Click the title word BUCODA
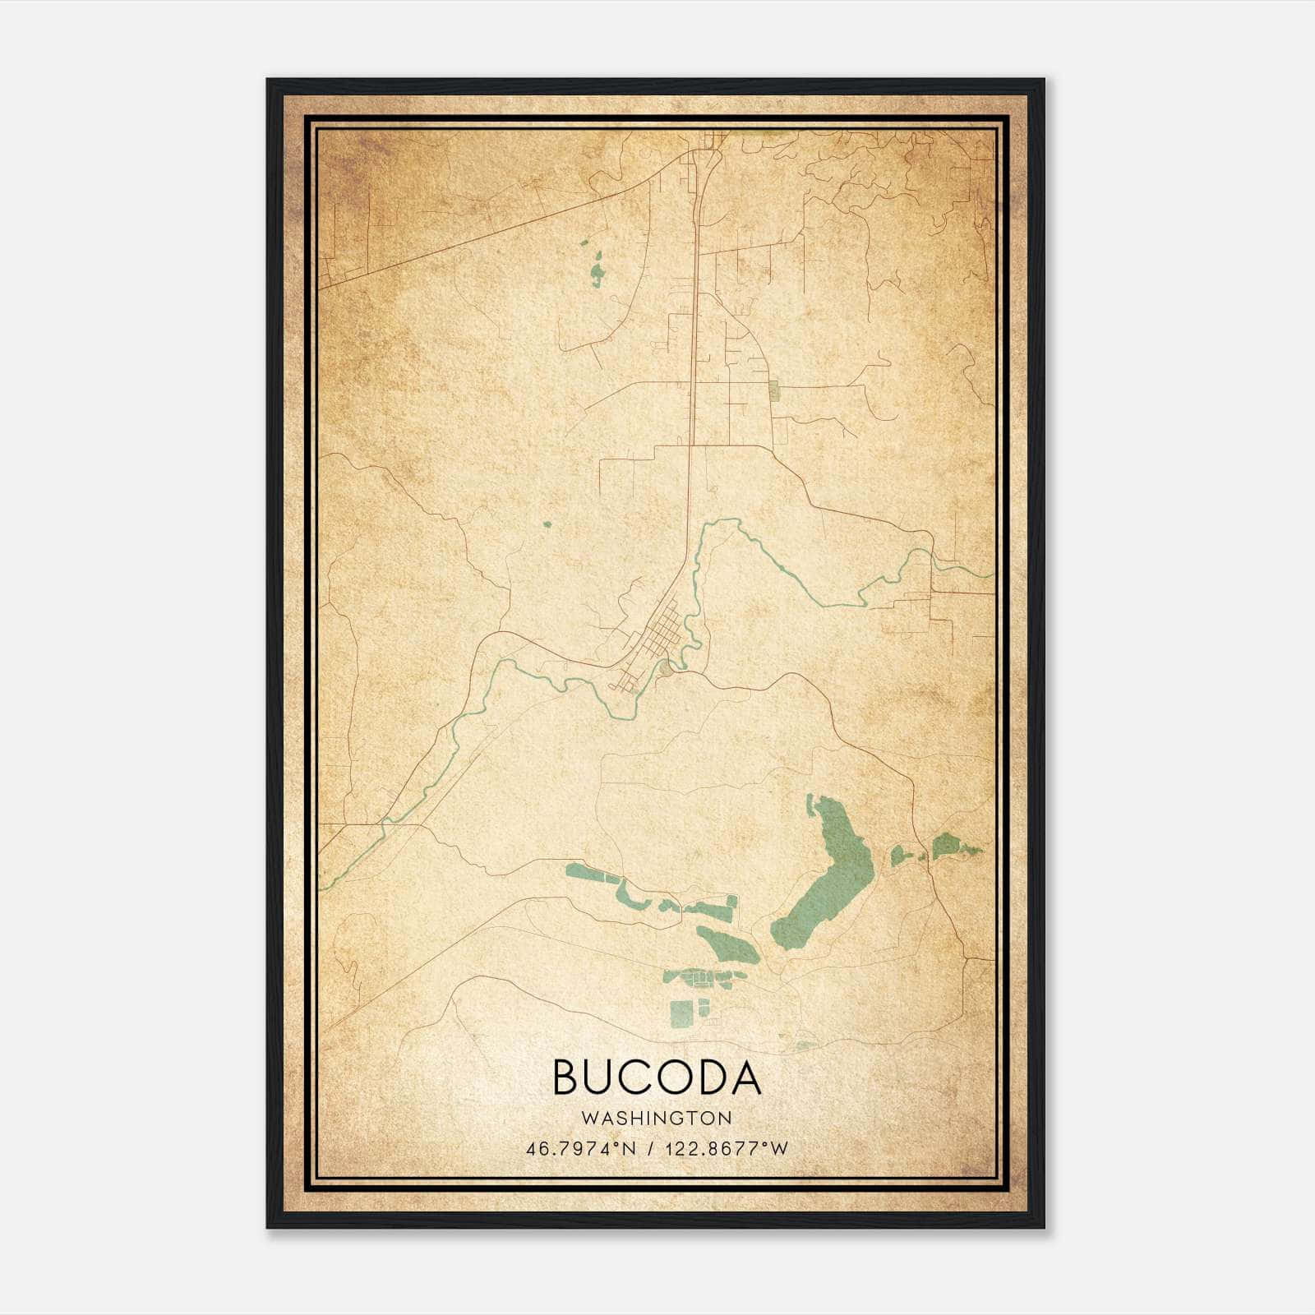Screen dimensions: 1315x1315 657,1077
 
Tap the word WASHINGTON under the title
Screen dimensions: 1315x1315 657,1119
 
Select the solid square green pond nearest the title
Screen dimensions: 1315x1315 681,1014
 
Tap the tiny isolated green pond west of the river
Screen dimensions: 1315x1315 547,524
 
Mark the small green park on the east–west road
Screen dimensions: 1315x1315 774,390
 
